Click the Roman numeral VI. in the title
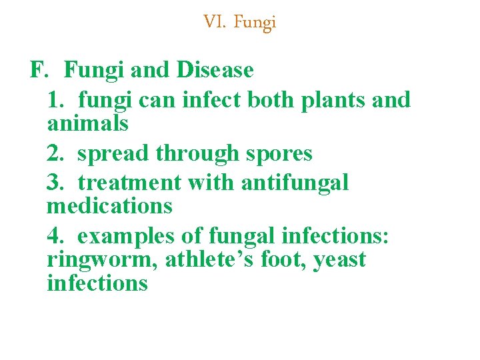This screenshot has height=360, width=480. (x=215, y=23)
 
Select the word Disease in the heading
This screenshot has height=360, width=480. (x=215, y=70)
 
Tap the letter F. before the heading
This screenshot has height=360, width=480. (x=41, y=70)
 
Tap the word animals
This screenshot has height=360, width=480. (x=87, y=123)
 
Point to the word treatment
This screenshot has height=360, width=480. (x=129, y=182)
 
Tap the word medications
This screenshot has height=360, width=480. (x=109, y=206)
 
